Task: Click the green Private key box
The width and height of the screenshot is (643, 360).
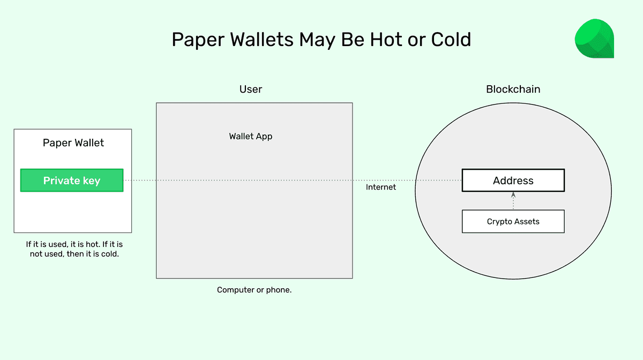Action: [72, 181]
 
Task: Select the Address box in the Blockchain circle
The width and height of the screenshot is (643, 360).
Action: [513, 181]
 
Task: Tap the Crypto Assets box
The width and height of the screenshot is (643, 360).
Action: [513, 221]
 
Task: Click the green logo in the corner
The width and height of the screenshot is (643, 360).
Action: [594, 39]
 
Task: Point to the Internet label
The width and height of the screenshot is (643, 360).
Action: [381, 187]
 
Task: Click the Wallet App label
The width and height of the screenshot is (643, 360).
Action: [251, 136]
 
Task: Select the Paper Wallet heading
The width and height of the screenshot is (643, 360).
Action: [73, 143]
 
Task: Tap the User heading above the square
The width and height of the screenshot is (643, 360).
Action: [251, 89]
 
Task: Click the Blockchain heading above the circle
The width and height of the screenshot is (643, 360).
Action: [513, 89]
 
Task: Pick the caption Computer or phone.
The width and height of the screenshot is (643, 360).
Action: [254, 290]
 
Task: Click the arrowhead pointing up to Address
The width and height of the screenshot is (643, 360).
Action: [513, 195]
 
